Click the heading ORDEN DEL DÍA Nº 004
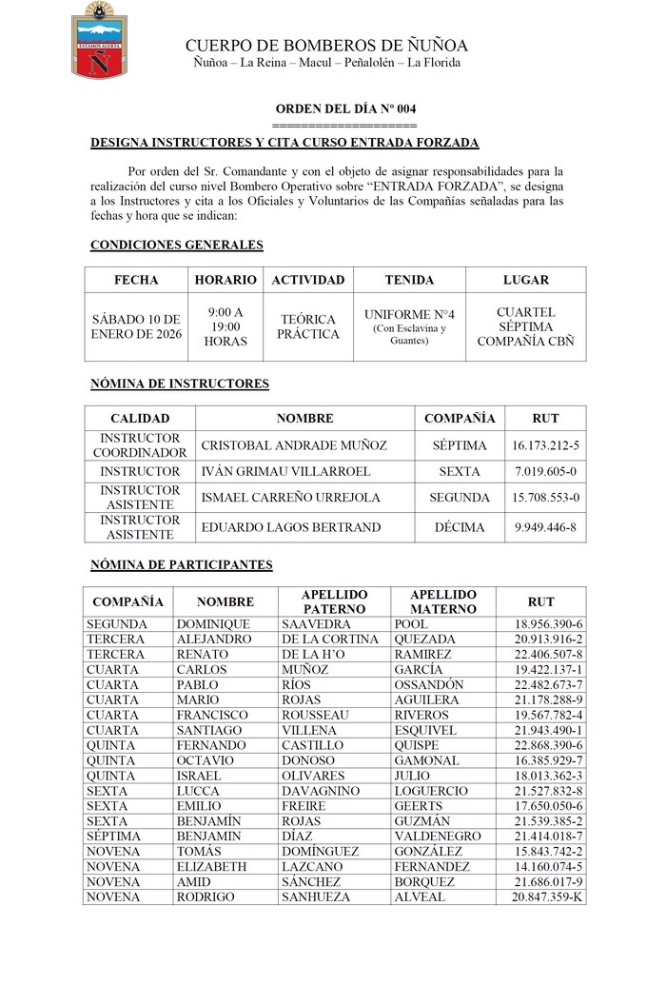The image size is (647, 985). point(344,109)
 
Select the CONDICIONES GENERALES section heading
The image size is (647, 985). point(176,245)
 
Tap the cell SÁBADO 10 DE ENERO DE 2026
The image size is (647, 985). point(135,326)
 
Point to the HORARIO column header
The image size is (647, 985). point(225,280)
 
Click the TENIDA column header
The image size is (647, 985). point(409,280)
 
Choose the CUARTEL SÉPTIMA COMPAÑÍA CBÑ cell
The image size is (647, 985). point(525,326)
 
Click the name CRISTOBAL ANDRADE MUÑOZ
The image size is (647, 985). point(294,445)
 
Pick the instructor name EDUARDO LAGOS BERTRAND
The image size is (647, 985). point(291,527)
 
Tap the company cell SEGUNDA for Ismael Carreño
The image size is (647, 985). point(460,498)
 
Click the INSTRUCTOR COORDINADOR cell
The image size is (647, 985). point(140,445)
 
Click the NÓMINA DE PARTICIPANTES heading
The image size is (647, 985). point(181,564)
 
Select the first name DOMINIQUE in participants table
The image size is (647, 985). point(213,624)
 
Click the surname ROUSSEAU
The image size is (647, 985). point(315,715)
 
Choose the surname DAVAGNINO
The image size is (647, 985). point(321,791)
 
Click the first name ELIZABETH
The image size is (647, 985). point(211,867)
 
